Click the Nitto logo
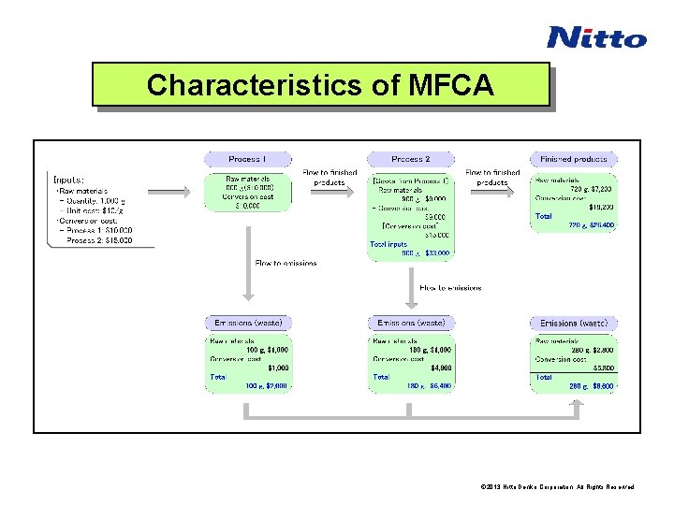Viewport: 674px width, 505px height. click(596, 37)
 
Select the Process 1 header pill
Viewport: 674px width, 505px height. click(247, 159)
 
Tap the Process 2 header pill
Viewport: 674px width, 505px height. click(410, 159)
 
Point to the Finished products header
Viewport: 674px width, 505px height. click(573, 159)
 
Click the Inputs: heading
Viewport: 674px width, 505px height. click(69, 179)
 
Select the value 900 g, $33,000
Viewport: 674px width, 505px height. click(425, 252)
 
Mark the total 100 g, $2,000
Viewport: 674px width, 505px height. click(267, 385)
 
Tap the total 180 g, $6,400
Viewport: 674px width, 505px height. click(429, 385)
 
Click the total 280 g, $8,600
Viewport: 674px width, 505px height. click(592, 385)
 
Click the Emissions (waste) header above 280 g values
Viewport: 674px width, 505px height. click(573, 323)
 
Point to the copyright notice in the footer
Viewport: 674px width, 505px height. click(557, 487)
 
